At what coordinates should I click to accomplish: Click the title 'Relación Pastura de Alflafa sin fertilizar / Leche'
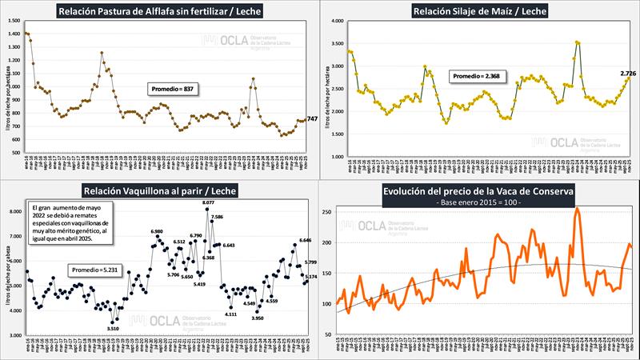(160, 11)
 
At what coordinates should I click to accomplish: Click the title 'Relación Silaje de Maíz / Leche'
(481, 11)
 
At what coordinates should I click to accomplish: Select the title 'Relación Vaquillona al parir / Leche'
(160, 190)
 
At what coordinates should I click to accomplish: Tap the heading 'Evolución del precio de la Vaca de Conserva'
(480, 190)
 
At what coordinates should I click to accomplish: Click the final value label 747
(313, 119)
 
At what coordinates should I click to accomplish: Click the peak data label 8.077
(208, 204)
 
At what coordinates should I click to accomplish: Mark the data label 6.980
(157, 231)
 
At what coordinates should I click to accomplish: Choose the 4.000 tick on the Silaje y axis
(338, 21)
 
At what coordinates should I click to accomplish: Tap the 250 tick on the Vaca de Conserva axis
(326, 212)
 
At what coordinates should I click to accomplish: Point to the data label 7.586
(217, 217)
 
